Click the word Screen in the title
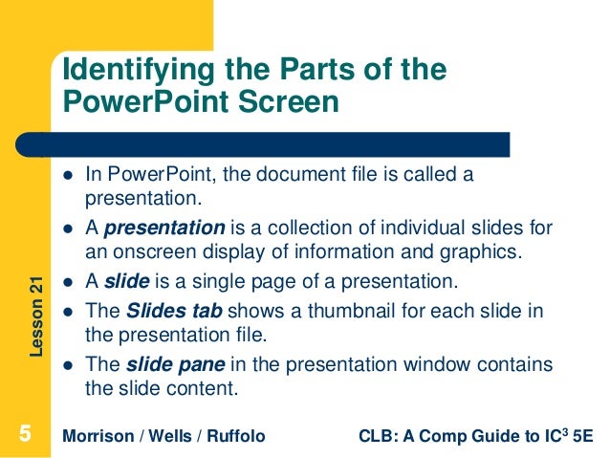(x=291, y=101)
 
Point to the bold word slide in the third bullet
(x=123, y=282)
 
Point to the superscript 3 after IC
(x=565, y=431)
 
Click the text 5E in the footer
(x=581, y=437)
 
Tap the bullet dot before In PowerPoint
(x=68, y=176)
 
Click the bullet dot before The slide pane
(x=68, y=366)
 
